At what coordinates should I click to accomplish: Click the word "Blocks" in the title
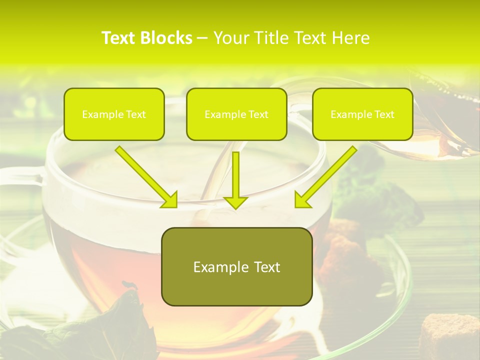tap(166, 38)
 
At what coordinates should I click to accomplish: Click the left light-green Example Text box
tap(114, 114)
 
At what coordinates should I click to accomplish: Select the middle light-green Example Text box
tap(236, 114)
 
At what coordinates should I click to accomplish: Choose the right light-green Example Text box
tap(362, 114)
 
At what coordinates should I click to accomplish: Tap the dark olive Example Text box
tap(236, 266)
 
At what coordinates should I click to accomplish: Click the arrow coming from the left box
tap(145, 175)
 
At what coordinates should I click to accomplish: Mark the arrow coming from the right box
tap(327, 175)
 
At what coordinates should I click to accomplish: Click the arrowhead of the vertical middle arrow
tap(235, 201)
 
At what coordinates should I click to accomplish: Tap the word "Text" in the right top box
tap(384, 114)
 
